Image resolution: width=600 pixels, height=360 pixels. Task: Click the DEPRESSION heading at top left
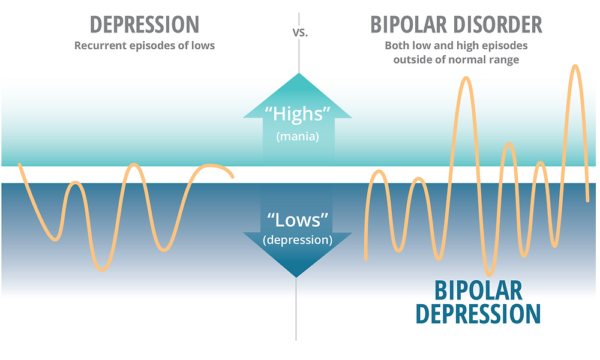click(145, 25)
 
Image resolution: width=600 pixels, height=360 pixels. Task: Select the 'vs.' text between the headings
click(300, 33)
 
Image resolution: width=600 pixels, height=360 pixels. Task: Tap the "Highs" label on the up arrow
click(298, 114)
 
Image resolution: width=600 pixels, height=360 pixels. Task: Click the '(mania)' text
click(298, 137)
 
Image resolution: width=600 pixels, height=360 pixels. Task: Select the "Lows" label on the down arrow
click(298, 220)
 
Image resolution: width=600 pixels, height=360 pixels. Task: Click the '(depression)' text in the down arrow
click(298, 240)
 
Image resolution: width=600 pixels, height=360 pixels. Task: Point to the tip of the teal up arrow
click(298, 73)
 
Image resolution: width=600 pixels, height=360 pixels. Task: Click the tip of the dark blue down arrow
click(296, 277)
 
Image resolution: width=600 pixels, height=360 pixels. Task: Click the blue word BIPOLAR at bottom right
click(478, 291)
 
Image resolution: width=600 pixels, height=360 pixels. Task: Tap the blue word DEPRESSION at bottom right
click(478, 314)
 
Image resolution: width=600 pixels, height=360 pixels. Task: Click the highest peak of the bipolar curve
click(575, 66)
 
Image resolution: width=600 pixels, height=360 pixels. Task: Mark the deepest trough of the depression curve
click(103, 269)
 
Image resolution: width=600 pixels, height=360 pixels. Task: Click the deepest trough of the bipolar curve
click(488, 274)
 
